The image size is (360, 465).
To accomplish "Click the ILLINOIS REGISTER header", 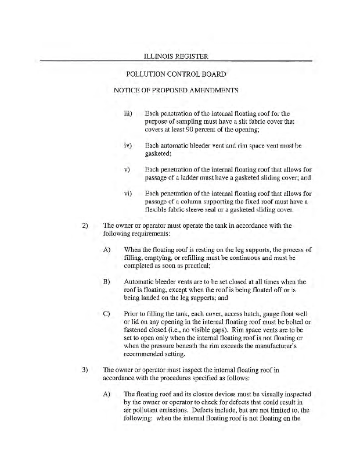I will click(175, 56).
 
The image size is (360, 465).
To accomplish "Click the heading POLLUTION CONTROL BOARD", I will click(176, 74).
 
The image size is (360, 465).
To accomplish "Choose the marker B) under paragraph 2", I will click(106, 281).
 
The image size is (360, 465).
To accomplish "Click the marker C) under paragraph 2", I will click(106, 314).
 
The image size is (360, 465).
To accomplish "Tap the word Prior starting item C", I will click(132, 314).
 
